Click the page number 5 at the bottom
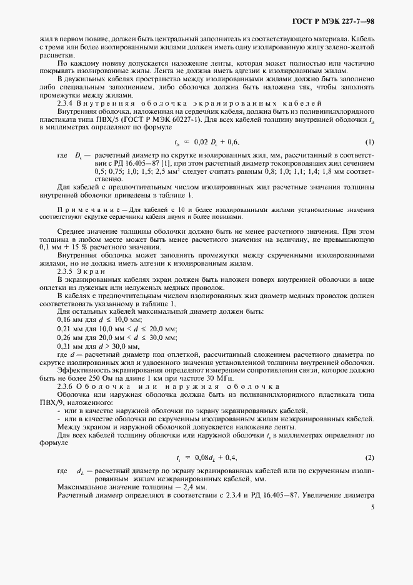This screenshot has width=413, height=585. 372,507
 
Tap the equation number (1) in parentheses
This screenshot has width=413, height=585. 369,142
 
